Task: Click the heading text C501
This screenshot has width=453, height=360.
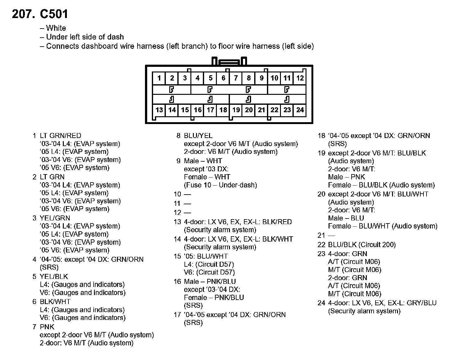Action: [54, 14]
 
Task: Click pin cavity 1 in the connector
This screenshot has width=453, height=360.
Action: [159, 78]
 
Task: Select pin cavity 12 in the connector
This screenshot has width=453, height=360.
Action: [300, 78]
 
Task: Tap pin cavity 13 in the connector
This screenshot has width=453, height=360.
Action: [159, 110]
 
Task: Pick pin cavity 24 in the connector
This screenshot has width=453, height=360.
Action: [300, 110]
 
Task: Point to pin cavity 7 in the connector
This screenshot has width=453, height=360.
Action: [236, 78]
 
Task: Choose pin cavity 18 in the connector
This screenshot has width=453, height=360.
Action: [223, 110]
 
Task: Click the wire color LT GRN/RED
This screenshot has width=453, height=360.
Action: [60, 136]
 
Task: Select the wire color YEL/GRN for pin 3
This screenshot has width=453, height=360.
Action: [55, 218]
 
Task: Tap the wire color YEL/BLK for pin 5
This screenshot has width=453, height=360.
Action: [54, 277]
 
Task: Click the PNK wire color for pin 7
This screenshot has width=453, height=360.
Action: [47, 327]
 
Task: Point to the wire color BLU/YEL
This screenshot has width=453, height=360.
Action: [198, 136]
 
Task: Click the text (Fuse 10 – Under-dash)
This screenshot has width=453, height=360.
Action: [220, 185]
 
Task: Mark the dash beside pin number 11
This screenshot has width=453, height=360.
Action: [187, 204]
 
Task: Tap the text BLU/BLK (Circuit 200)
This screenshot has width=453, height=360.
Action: [362, 245]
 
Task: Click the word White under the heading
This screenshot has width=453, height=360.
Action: [56, 28]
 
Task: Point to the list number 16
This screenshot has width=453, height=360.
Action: [177, 282]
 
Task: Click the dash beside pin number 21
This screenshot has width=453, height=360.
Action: [331, 236]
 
